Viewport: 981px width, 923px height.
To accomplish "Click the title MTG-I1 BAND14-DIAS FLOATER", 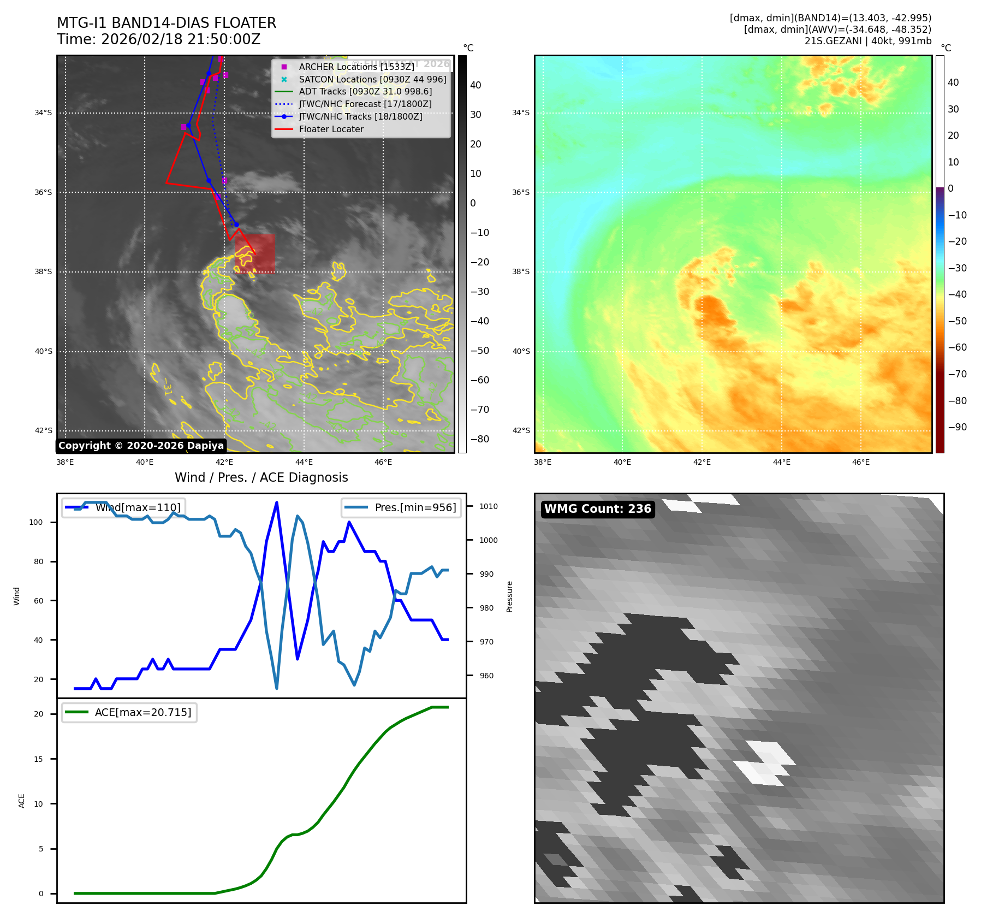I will [167, 23].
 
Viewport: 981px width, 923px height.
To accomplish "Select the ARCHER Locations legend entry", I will [356, 67].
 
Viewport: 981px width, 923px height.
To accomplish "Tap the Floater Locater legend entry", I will [331, 129].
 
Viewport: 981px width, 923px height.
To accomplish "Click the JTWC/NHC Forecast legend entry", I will [365, 104].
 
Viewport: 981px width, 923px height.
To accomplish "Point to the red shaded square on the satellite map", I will [255, 254].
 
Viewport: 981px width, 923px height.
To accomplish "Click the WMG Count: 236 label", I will [597, 509].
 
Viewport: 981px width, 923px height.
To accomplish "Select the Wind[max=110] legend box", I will [123, 507].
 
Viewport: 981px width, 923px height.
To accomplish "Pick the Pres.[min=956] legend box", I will [401, 507].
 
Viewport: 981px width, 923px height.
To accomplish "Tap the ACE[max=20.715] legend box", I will [129, 713].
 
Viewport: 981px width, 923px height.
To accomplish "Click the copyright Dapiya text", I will [141, 446].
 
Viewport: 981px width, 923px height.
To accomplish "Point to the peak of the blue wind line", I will [277, 502].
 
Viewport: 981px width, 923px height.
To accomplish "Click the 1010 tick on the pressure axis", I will [488, 506].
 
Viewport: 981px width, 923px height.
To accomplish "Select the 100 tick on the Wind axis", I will [36, 522].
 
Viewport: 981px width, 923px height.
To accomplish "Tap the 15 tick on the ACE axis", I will [38, 759].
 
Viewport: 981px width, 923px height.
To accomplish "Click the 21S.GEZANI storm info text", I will [867, 41].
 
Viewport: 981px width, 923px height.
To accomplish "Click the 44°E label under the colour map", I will [781, 463].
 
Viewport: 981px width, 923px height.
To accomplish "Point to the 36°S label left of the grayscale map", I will [43, 193].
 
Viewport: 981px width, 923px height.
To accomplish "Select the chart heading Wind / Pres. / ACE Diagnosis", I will [261, 478].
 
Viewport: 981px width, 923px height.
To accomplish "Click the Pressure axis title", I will [509, 596].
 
